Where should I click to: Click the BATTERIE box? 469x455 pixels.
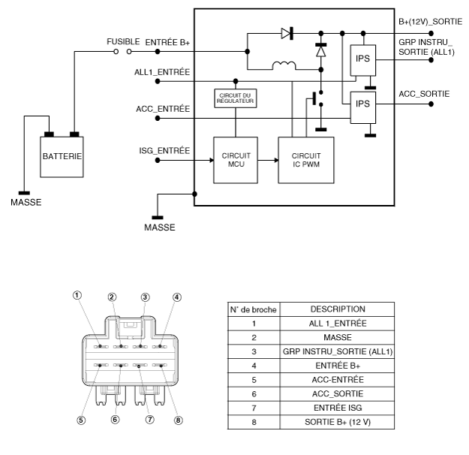62,157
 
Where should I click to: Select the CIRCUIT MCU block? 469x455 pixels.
236,160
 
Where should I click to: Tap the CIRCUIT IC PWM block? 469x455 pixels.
306,160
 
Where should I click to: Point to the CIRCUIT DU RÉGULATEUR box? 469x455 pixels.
236,98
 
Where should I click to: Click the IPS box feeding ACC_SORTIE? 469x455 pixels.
362,107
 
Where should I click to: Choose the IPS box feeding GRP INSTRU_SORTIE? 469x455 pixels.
362,60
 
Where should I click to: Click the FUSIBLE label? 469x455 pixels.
123,41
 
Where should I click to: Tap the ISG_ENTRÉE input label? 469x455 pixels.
164,150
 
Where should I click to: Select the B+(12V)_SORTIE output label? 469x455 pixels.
430,22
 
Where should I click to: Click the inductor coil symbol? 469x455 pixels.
284,65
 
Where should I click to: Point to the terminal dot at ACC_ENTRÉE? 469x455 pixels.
158,118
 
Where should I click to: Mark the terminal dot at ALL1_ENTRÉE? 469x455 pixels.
158,81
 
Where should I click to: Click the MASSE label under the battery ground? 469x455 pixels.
26,203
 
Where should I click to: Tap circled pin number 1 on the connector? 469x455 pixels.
77,295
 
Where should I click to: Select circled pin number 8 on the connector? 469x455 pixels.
179,420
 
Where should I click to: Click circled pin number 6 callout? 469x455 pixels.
115,420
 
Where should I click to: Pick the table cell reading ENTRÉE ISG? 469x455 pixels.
338,408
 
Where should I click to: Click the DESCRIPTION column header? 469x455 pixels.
338,309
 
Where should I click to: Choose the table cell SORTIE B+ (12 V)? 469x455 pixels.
338,422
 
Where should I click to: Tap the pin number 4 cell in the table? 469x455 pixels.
254,366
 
